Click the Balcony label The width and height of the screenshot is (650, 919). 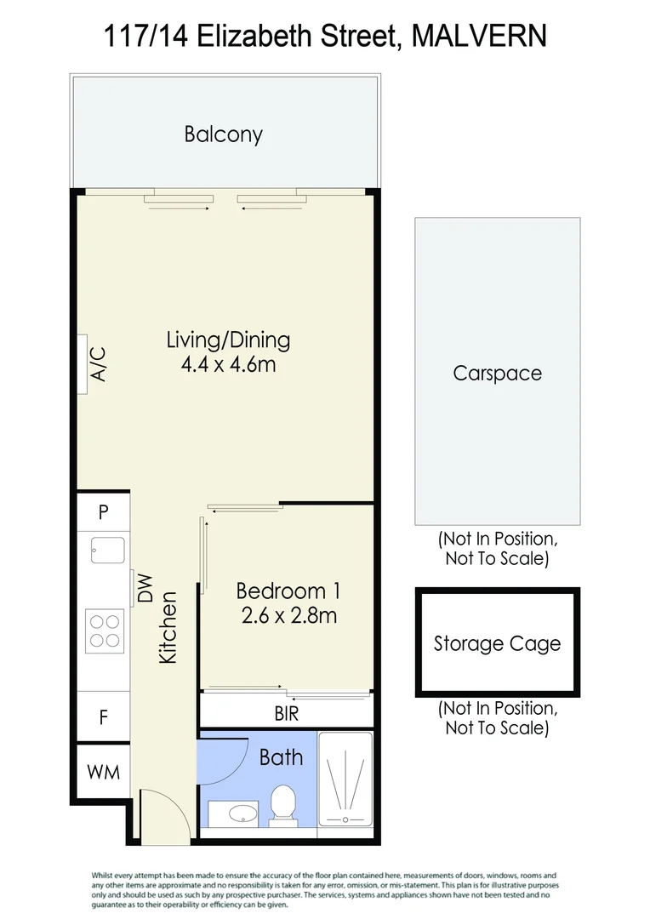point(223,134)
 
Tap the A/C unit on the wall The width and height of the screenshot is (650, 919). point(83,364)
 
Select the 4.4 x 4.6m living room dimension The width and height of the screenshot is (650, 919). point(229,364)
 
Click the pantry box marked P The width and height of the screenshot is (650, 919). point(103,511)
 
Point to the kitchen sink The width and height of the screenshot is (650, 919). point(108,551)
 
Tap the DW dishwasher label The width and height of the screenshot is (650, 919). point(145,588)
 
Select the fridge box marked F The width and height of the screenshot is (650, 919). point(103,716)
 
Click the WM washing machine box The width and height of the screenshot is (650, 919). point(103,772)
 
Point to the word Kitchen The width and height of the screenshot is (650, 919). point(168,628)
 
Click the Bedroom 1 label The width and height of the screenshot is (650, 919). point(288,591)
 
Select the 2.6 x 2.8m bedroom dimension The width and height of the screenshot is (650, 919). point(289,615)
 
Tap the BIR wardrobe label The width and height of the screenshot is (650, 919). point(287,713)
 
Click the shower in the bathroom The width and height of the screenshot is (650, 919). point(345,779)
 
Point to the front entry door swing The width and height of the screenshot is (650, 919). point(165,816)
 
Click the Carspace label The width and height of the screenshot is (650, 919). point(497,374)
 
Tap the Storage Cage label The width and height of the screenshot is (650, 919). point(497,643)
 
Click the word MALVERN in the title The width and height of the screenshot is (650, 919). point(480,36)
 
